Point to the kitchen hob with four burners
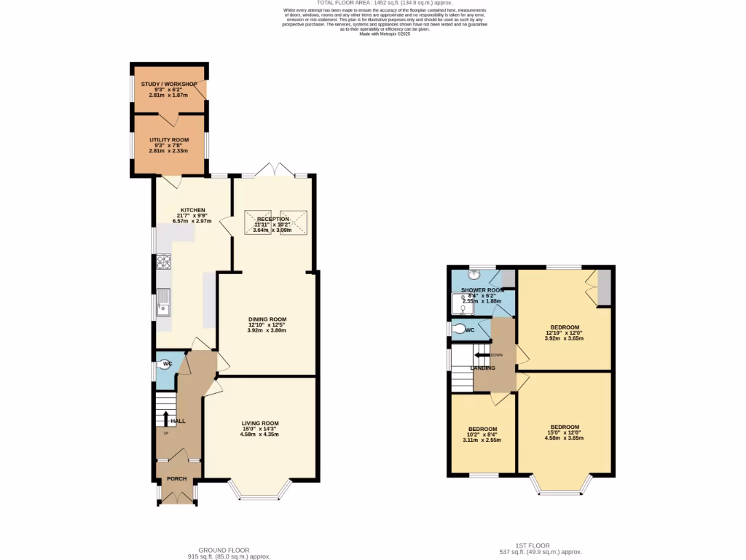click(162, 261)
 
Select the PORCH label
click(177, 479)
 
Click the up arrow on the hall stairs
click(166, 419)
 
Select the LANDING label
click(483, 368)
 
